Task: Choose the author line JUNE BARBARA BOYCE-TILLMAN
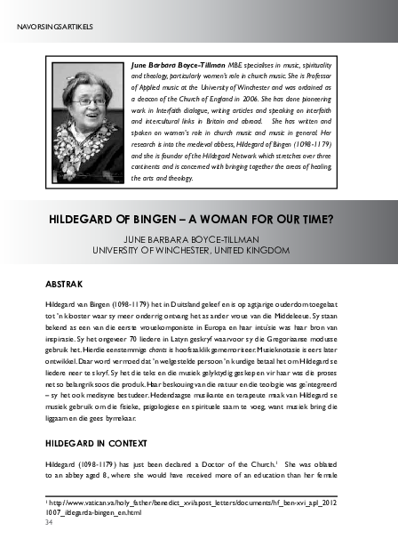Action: tap(199, 237)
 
